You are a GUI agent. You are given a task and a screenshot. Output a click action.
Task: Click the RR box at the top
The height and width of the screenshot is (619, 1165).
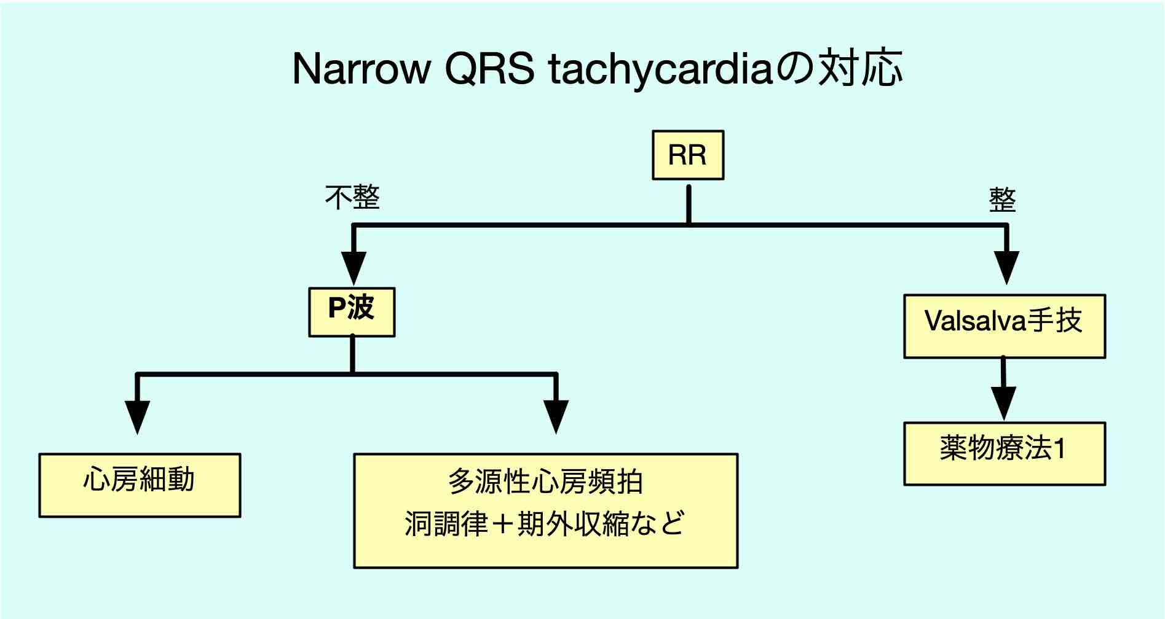coord(688,155)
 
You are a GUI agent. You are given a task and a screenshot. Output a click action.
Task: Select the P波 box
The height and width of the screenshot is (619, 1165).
coord(352,312)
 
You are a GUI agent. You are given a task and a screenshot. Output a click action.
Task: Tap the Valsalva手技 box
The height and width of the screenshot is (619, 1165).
coord(1005,326)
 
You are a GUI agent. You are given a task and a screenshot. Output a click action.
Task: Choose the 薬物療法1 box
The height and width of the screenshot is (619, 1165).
coord(1005,454)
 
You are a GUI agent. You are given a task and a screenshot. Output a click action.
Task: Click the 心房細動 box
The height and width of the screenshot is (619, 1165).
coord(140,485)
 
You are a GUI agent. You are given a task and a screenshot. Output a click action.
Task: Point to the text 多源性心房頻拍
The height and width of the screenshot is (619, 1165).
coord(546,482)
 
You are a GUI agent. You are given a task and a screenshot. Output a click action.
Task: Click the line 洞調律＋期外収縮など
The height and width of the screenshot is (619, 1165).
coord(545,523)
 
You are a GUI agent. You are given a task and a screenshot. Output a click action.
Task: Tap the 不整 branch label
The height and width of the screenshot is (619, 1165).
coord(352,198)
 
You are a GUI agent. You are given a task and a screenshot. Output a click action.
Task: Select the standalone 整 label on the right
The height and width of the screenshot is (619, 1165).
coord(1002,200)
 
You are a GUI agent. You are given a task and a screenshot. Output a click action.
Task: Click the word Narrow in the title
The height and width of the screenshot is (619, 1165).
coord(361,69)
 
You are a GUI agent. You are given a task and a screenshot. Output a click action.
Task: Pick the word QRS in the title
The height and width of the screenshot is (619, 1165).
coord(489,69)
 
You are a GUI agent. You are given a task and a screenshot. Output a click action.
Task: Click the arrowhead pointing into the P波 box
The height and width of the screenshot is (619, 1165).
coord(353,268)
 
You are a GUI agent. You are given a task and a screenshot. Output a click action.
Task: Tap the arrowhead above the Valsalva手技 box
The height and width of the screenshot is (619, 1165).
coord(1006,268)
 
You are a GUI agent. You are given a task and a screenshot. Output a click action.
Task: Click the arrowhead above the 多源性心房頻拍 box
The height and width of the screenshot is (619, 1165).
coord(556,418)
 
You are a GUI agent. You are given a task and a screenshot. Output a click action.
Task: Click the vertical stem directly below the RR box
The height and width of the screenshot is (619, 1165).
coord(689,204)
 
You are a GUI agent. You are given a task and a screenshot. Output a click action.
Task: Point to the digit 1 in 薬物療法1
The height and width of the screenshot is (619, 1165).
coord(1059,450)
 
